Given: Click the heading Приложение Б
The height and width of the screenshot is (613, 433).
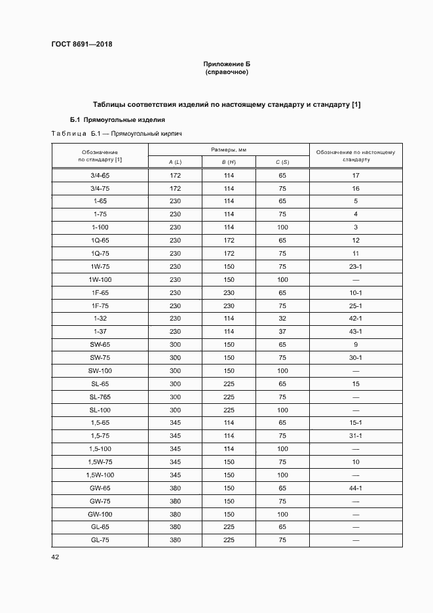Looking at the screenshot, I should [227, 64].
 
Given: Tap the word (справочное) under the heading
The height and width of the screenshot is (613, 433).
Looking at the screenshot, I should [227, 72].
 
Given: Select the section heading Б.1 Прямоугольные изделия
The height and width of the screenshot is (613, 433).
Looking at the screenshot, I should [117, 120].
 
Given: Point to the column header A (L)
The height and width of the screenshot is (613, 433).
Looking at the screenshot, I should [175, 162].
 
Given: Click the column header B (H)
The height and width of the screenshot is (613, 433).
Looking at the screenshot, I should [228, 162].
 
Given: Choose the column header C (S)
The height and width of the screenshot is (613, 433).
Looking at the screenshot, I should [282, 162].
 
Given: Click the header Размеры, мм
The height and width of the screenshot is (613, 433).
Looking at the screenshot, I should [229, 150].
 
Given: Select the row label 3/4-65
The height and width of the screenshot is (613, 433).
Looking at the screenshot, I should [100, 176].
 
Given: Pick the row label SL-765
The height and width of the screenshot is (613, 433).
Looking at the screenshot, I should [100, 397].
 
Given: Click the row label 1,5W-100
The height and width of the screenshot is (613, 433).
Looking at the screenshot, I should [100, 474].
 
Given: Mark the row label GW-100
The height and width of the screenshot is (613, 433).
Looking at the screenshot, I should [100, 515].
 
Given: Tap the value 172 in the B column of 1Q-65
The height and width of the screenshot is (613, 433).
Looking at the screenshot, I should [229, 240].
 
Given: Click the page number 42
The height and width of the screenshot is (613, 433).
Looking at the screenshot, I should [55, 557].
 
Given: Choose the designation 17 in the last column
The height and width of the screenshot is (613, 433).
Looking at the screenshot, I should [356, 176].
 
